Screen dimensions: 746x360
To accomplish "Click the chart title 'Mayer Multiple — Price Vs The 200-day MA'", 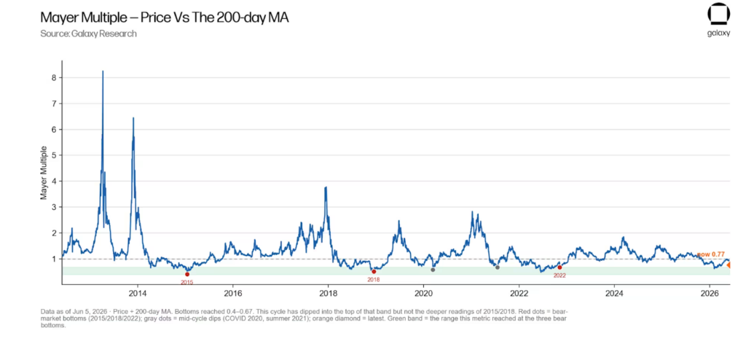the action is point(165,18).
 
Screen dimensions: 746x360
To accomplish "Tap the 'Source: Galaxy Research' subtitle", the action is point(88,34).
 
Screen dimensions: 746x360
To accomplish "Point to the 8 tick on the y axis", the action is point(54,78).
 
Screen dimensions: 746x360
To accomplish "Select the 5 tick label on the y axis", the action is point(54,155).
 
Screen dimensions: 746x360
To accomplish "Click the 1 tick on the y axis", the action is point(54,259).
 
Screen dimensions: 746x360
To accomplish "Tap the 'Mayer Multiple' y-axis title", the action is point(43,173).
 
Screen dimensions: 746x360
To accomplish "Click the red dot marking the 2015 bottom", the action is point(187,274).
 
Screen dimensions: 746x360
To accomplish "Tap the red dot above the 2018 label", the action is point(374,271).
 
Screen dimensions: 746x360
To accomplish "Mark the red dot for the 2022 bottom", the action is point(559,267).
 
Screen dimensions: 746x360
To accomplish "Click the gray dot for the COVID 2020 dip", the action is point(433,270).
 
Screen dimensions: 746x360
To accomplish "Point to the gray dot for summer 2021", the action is point(497,267).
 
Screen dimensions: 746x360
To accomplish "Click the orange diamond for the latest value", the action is point(729,265).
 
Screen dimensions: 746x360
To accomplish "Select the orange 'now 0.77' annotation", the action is point(711,255).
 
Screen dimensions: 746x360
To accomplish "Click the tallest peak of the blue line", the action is point(103,71).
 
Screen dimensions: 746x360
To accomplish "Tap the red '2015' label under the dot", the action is point(187,282).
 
